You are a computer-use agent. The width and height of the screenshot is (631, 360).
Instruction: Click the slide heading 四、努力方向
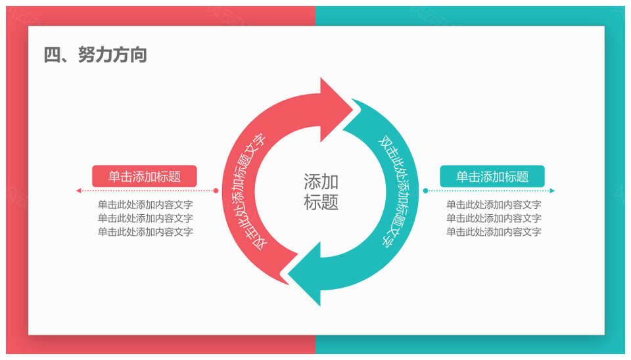click(95, 55)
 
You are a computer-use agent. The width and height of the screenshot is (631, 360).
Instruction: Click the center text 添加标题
click(321, 192)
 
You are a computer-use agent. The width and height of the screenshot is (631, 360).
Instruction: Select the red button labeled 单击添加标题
click(145, 176)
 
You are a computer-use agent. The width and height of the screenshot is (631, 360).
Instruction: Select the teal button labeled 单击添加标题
click(492, 176)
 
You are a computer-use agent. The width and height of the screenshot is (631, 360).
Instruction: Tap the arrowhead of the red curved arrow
click(335, 110)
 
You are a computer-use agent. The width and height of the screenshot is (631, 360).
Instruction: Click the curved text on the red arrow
click(250, 191)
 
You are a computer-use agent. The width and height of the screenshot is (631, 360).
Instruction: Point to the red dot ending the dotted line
click(216, 191)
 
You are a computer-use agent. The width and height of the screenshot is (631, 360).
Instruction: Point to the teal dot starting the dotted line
click(425, 191)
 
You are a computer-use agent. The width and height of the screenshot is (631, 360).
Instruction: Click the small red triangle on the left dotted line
click(79, 191)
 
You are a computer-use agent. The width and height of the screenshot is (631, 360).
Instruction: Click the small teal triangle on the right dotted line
click(552, 191)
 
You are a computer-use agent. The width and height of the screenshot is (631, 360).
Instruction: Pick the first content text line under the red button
click(145, 204)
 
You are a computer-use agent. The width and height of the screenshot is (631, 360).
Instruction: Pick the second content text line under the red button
click(145, 218)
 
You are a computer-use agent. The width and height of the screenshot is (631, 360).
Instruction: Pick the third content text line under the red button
click(145, 232)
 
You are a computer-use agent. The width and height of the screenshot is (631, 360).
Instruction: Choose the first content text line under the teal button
click(494, 204)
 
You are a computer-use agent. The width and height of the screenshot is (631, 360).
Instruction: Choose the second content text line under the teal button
click(494, 218)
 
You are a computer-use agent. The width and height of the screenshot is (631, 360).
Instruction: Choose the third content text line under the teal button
click(494, 232)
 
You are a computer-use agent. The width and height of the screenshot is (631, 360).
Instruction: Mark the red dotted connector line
click(147, 191)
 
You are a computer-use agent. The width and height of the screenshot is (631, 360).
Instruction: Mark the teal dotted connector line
click(488, 191)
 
